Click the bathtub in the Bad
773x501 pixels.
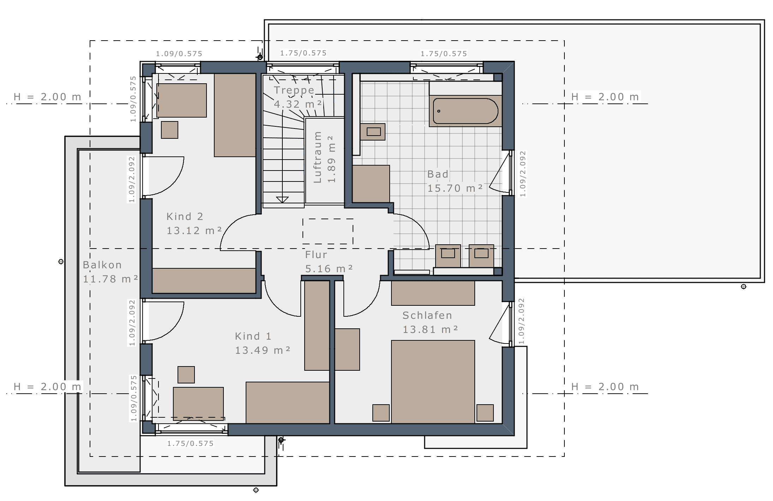click(x=465, y=111)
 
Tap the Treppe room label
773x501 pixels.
click(x=294, y=90)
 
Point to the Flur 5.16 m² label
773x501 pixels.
click(x=329, y=262)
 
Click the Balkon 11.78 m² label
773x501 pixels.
click(x=110, y=272)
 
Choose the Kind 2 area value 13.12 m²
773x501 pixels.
click(x=194, y=231)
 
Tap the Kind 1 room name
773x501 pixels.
click(x=253, y=336)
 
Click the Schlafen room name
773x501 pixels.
click(x=427, y=315)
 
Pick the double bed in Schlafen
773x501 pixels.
click(x=433, y=382)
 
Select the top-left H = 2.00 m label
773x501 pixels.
click(x=47, y=97)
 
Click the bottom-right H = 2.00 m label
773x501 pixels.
click(x=605, y=387)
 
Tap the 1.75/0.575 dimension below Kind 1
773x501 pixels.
click(x=190, y=443)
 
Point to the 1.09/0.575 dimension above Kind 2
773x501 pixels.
click(x=179, y=54)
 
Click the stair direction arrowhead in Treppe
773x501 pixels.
click(x=282, y=200)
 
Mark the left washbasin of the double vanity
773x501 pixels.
click(x=448, y=256)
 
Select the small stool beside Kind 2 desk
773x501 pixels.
click(x=169, y=130)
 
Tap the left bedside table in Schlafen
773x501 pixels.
click(x=381, y=413)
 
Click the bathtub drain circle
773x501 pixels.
click(x=439, y=111)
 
